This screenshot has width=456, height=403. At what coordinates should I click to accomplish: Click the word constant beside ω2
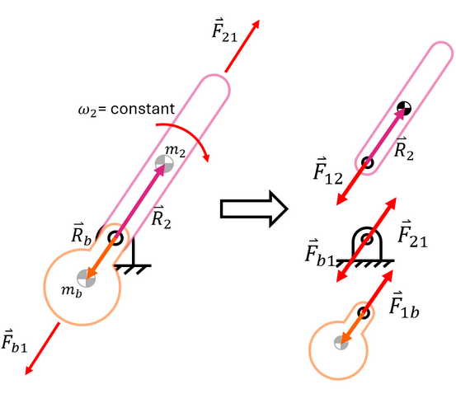pos(143,109)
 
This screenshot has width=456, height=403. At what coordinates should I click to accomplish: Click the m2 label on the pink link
pos(175,151)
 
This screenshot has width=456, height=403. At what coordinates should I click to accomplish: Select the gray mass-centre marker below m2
pos(164,163)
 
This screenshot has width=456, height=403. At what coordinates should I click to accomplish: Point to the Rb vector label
pos(82,234)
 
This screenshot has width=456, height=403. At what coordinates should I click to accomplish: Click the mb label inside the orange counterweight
pos(72,291)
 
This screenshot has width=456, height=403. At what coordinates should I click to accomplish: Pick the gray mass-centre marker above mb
pos(86,278)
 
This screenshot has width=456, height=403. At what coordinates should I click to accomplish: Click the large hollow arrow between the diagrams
pos(254,209)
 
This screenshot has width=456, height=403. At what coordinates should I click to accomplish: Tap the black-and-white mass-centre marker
pos(404,109)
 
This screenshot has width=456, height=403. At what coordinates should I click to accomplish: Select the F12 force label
pos(328,171)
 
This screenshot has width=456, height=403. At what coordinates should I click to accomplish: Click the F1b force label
pos(404,305)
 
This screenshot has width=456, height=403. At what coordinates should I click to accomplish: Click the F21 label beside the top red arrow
pos(224,30)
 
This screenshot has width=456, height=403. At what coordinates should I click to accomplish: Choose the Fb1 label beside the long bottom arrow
pos(15,341)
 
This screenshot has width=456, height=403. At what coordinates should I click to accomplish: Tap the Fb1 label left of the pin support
pos(320,253)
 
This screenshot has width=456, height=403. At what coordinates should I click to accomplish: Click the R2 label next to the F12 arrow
pos(404,149)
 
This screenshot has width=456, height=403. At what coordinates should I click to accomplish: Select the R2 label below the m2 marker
pos(162,217)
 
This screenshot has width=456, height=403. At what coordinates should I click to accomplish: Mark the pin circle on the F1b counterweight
pos(364,313)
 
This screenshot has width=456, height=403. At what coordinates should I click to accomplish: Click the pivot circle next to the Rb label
pos(115,238)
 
